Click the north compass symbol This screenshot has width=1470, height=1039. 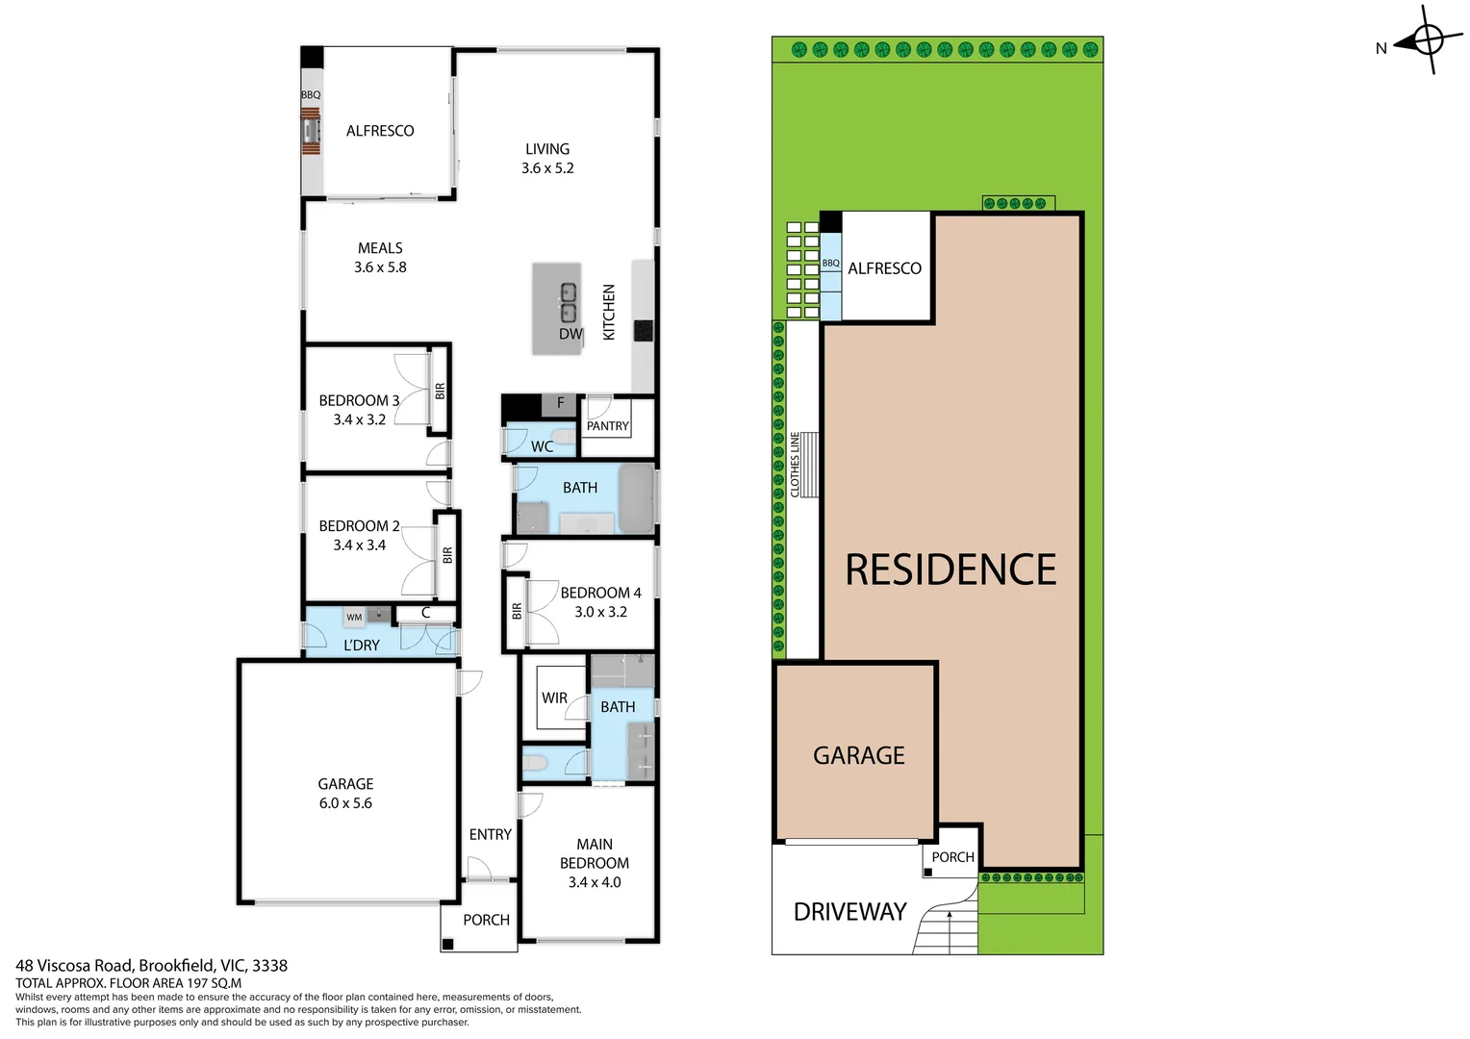tap(1427, 40)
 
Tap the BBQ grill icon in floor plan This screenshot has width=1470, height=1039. tap(311, 131)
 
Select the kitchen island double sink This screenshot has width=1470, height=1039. tap(569, 302)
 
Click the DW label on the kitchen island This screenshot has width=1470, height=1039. tap(570, 334)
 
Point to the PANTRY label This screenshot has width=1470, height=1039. tap(607, 426)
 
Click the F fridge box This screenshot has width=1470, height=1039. tap(560, 404)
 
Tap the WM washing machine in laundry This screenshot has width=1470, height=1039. tap(355, 617)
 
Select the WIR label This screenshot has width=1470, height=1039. tap(554, 698)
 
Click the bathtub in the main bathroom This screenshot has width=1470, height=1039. tap(636, 498)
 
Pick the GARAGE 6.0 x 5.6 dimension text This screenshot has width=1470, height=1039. tap(345, 803)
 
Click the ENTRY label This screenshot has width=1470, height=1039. tap(490, 835)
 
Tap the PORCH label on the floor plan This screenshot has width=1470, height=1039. tap(486, 921)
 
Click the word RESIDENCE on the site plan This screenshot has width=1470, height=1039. tap(950, 570)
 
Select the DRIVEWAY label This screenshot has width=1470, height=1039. tap(849, 912)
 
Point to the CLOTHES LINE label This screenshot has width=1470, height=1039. tap(795, 465)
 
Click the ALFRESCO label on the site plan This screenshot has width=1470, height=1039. tap(884, 268)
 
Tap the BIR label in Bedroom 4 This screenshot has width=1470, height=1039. tap(517, 611)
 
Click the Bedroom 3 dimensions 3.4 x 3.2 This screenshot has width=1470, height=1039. tap(359, 419)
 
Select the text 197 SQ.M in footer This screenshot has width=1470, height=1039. tap(214, 983)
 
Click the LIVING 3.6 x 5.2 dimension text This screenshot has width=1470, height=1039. tap(547, 168)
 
